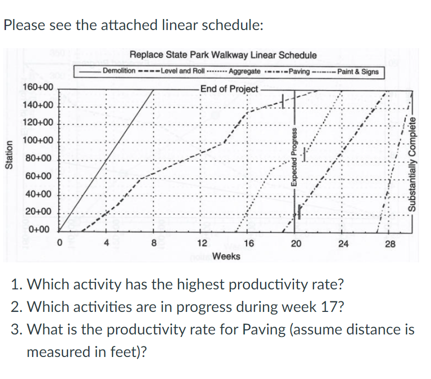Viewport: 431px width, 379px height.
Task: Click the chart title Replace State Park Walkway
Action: [x=223, y=55]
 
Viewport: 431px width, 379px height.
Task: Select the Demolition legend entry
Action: [x=118, y=71]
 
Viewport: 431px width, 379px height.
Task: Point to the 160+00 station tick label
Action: [x=37, y=88]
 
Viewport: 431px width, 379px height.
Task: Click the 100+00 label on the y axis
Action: [x=37, y=141]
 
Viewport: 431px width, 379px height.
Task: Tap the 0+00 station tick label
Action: [x=39, y=230]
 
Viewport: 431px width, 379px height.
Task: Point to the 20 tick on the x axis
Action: [x=296, y=244]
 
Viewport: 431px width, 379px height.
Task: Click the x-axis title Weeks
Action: [x=226, y=256]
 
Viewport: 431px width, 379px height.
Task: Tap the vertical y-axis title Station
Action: [x=8, y=157]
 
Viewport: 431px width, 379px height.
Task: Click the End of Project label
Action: [x=229, y=89]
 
